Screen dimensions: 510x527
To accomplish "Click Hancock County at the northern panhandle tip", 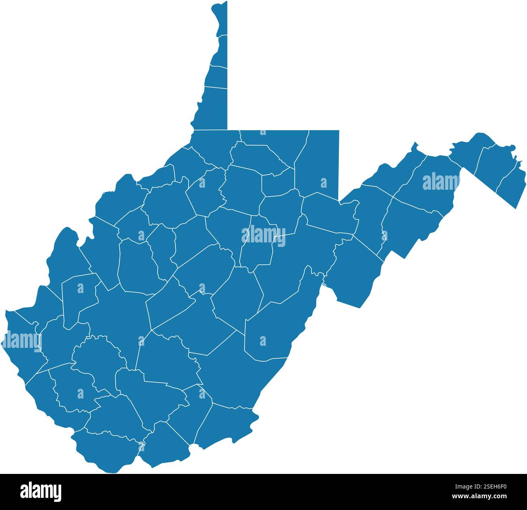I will (x=220, y=18).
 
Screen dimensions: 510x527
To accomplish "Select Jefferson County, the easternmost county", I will (x=512, y=184).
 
